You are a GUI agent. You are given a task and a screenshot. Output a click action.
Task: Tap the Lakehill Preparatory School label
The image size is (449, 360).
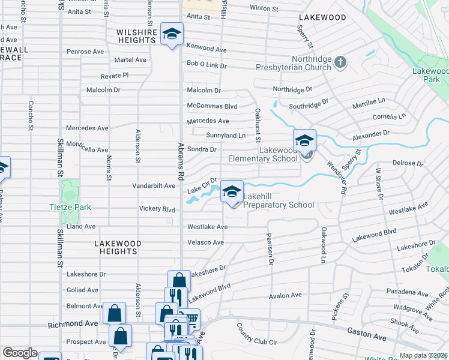click(279, 205)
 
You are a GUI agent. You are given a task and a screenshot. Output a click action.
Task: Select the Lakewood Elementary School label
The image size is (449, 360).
click(263, 154)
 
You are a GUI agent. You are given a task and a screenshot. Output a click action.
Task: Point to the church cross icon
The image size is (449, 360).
click(340, 62)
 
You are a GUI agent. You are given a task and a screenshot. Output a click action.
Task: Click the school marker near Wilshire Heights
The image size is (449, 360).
click(171, 35)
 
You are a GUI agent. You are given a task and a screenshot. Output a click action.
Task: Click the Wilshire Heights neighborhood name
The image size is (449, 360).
click(137, 36)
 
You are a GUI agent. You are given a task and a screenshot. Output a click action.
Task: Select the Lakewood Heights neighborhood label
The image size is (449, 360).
click(118, 247)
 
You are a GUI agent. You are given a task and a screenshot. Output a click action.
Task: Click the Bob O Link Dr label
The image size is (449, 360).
click(206, 64)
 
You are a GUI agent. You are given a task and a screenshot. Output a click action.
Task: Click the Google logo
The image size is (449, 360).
click(20, 353)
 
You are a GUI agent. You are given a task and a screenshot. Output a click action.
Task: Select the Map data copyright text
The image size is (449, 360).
click(423, 355)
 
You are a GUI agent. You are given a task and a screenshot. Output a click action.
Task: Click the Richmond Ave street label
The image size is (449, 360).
click(73, 323)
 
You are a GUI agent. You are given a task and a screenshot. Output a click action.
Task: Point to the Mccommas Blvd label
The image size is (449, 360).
click(212, 106)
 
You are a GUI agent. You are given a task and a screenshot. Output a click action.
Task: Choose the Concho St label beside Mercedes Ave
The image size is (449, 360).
click(30, 115)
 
